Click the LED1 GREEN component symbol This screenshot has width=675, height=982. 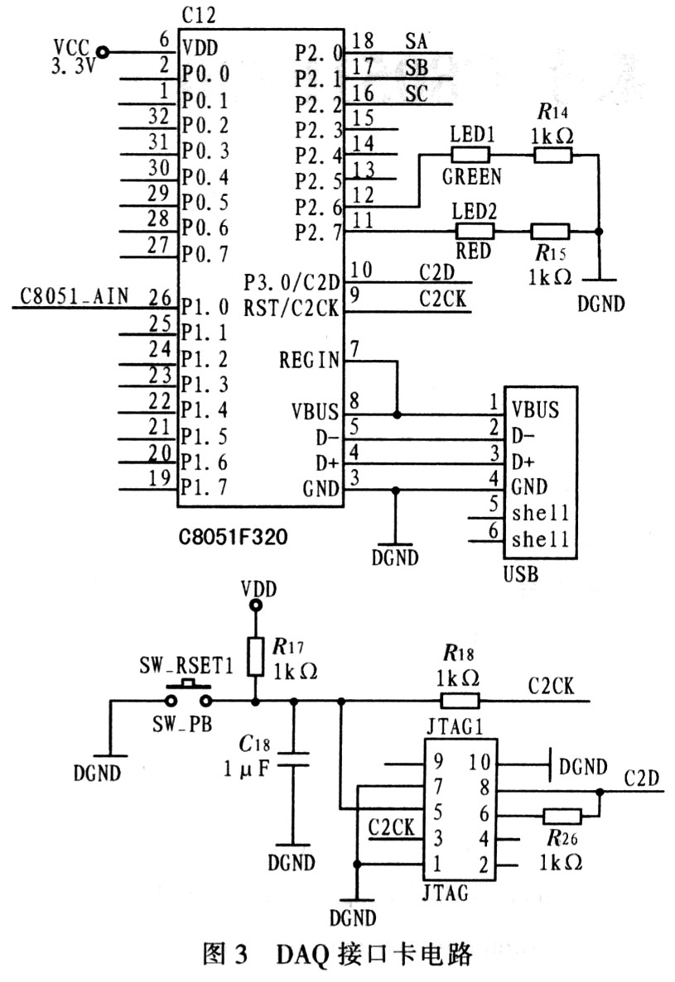[x=470, y=155]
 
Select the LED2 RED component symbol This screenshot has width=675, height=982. [x=474, y=231]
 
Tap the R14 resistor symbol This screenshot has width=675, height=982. [x=552, y=155]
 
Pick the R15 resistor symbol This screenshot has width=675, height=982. [x=550, y=231]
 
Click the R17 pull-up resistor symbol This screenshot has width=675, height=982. [x=255, y=656]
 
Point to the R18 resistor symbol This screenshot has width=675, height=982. [x=460, y=700]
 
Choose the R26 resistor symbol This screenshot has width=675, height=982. [x=562, y=816]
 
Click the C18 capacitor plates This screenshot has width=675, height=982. [x=292, y=759]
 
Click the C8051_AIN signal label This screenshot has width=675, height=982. [x=74, y=295]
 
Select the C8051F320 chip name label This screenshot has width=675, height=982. [x=234, y=537]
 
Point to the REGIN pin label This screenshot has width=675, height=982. [x=309, y=360]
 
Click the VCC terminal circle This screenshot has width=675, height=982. [x=102, y=52]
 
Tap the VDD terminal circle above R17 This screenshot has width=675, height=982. [x=255, y=605]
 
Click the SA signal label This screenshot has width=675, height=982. [x=416, y=41]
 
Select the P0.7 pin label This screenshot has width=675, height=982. [x=205, y=254]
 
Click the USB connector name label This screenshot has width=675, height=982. [x=521, y=573]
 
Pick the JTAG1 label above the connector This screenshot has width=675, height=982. [x=455, y=726]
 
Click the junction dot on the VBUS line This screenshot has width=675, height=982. [x=397, y=414]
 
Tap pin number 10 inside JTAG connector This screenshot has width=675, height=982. [x=480, y=762]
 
